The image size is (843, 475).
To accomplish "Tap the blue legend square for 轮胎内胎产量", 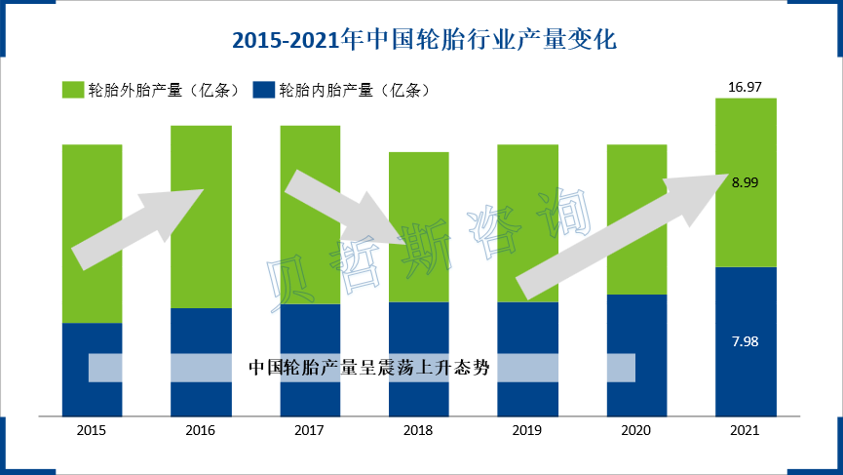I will pos(262,90).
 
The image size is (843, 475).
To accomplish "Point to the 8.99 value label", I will pos(746,182).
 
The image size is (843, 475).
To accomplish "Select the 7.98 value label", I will pos(746,341).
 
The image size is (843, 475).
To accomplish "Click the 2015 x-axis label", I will pos(92,430).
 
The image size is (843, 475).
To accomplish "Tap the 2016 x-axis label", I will pos(201,430).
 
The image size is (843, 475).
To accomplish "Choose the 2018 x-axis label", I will pos(418,430).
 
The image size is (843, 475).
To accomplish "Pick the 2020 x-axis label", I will pos(636,430).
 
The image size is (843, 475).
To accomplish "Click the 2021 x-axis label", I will pos(746,430).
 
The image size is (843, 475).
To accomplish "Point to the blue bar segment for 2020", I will pos(636,322).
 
